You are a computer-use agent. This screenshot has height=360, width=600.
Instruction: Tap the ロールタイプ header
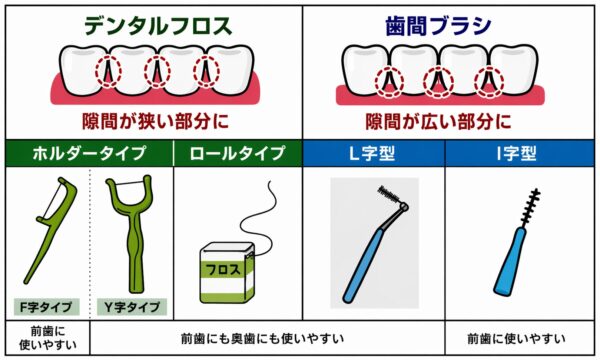tap(238, 154)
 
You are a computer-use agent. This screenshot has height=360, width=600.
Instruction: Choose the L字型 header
tap(373, 154)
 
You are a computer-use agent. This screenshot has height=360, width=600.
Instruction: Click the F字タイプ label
tap(45, 306)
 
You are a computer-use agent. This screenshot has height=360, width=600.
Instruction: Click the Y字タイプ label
tap(131, 306)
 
